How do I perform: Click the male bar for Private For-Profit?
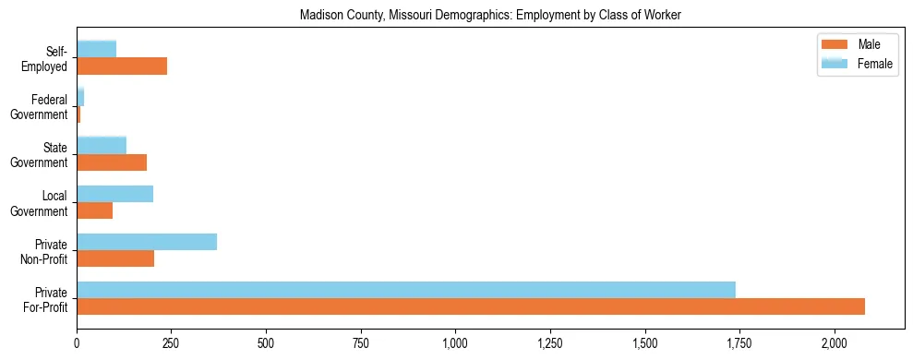[x=471, y=306]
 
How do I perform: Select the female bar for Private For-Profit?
[x=406, y=290]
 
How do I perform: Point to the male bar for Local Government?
[x=94, y=210]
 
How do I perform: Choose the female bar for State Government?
[x=102, y=145]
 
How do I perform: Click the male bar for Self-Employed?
[x=122, y=66]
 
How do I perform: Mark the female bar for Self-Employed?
[x=96, y=49]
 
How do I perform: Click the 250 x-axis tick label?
[x=171, y=342]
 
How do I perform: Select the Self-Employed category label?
[x=45, y=58]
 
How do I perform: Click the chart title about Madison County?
[x=490, y=15]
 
